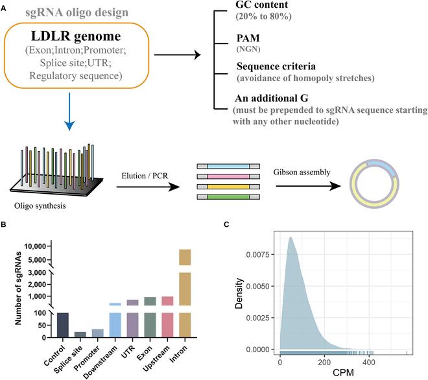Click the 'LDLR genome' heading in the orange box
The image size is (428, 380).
pyautogui.click(x=86, y=38)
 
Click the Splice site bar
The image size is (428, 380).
pyautogui.click(x=80, y=335)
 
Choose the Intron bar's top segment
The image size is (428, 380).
pyautogui.click(x=185, y=257)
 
